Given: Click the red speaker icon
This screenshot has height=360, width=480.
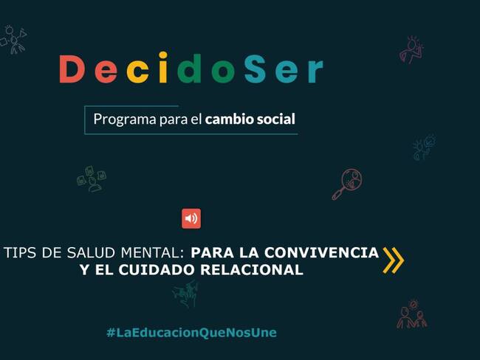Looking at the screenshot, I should [191, 218].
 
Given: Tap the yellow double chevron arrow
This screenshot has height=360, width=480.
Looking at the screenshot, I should [393, 260].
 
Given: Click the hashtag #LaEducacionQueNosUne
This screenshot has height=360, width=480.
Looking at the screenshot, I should [191, 333].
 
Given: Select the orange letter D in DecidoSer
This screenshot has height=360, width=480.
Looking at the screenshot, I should [72, 69].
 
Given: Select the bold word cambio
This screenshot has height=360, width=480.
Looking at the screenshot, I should [230, 118].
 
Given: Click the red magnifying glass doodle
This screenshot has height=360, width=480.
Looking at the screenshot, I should [346, 184].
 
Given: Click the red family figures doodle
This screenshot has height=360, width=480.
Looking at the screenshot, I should [411, 315].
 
